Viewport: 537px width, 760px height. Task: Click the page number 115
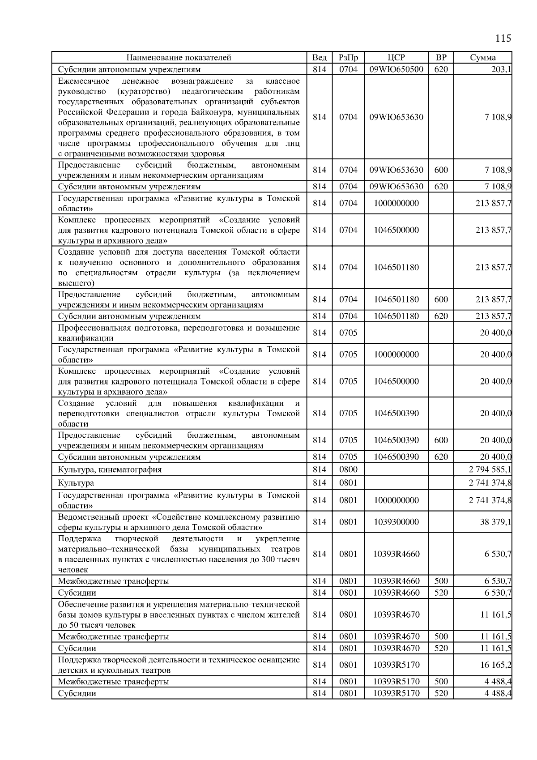(x=503, y=38)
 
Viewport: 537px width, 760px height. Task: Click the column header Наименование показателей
(x=179, y=57)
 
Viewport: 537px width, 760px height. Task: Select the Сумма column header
(x=482, y=57)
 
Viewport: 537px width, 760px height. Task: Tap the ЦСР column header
(x=396, y=57)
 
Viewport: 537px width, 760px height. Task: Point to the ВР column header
(x=441, y=57)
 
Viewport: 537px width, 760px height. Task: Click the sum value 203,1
(x=501, y=69)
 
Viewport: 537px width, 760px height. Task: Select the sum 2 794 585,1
(x=490, y=470)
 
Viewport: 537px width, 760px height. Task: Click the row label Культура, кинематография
(x=110, y=470)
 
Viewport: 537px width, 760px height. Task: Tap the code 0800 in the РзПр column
(x=348, y=470)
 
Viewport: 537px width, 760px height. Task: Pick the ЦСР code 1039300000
(x=396, y=522)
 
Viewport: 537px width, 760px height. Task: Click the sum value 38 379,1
(x=496, y=522)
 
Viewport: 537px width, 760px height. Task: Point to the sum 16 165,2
(x=496, y=665)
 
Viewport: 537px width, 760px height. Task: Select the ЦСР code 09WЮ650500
(x=396, y=69)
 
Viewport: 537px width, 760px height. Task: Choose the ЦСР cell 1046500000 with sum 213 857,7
(x=396, y=230)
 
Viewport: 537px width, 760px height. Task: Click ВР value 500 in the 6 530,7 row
(x=441, y=581)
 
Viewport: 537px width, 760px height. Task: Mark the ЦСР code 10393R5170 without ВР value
(x=396, y=665)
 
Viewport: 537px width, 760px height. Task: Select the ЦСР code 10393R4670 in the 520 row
(x=396, y=648)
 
